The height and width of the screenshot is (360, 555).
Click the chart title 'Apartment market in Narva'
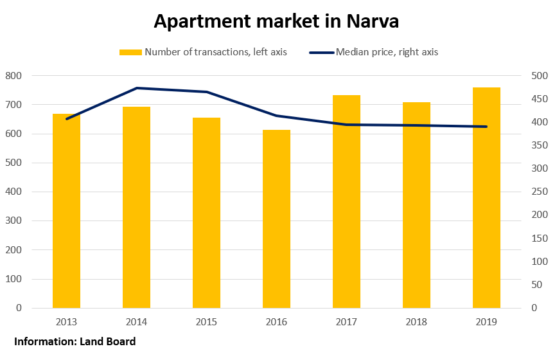click(x=276, y=21)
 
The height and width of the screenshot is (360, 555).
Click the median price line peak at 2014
click(x=137, y=88)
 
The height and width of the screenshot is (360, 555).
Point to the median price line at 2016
click(x=276, y=116)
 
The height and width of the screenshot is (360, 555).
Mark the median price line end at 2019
click(x=486, y=127)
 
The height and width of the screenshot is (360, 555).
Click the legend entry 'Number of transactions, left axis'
click(x=215, y=52)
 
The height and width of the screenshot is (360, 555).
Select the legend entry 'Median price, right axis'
click(x=386, y=52)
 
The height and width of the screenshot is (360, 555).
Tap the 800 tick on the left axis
click(x=13, y=76)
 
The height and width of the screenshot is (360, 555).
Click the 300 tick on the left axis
click(x=13, y=221)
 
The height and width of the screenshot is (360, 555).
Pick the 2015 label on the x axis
click(x=206, y=322)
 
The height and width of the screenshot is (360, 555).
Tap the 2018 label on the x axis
click(x=416, y=322)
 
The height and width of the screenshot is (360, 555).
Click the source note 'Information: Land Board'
click(x=75, y=341)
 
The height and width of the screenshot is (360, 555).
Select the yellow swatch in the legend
click(x=130, y=52)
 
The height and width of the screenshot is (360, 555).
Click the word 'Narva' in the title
click(x=373, y=21)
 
